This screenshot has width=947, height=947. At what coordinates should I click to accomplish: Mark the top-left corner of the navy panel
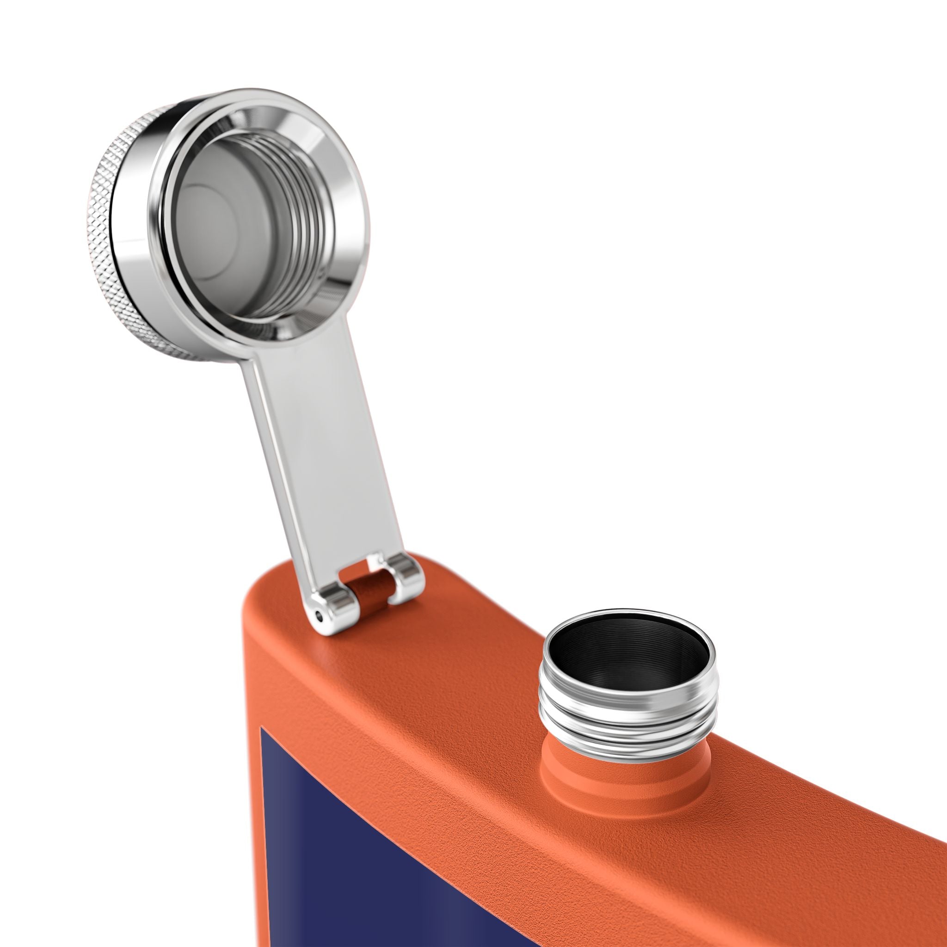pyautogui.click(x=262, y=728)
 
